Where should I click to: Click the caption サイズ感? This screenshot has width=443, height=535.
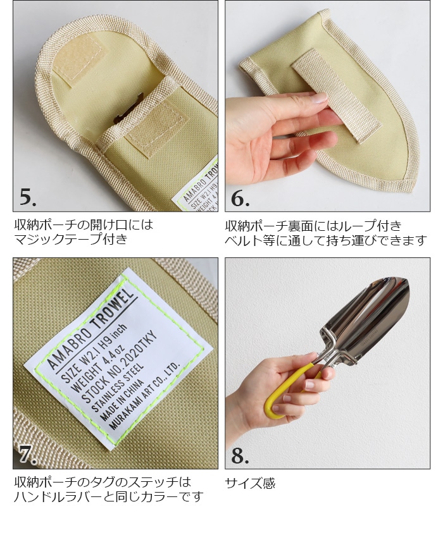tap(250, 484)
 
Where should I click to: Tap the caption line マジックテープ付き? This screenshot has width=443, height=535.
tap(71, 239)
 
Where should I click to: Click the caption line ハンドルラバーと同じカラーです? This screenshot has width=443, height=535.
tap(108, 497)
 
